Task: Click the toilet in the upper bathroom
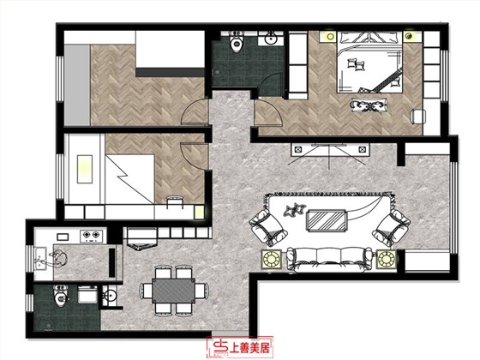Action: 237,42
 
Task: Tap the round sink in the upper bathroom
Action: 270,39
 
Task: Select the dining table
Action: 173,291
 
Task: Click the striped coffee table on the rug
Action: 327,220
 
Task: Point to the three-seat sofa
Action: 329,259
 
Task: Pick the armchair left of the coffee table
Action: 267,226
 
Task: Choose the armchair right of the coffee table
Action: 392,227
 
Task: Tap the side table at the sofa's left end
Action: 272,260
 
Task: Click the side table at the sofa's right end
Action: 386,260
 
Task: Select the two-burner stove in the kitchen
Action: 91,235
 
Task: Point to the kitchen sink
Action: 40,259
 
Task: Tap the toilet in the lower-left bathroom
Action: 60,295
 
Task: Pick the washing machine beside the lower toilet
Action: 87,295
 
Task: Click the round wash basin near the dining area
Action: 110,296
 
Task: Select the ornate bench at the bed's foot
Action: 369,105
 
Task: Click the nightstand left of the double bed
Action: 329,37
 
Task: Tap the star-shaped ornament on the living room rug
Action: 295,209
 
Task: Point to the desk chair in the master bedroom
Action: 418,117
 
